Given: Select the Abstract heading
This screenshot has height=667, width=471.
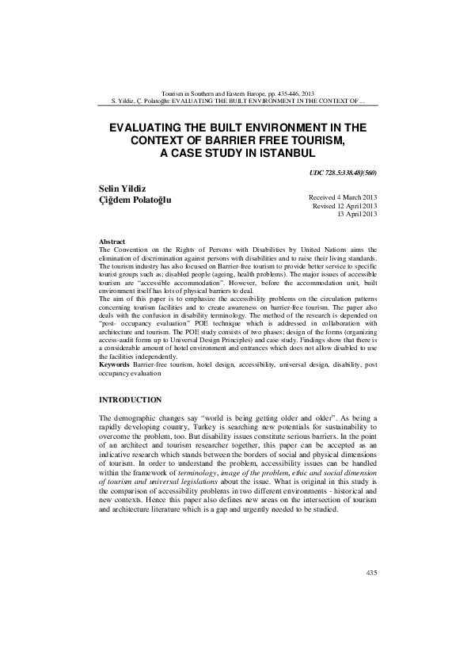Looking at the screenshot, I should [x=112, y=240].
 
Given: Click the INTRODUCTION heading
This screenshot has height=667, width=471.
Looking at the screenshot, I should [x=131, y=400].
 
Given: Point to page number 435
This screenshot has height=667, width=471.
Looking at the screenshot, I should [x=372, y=572].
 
